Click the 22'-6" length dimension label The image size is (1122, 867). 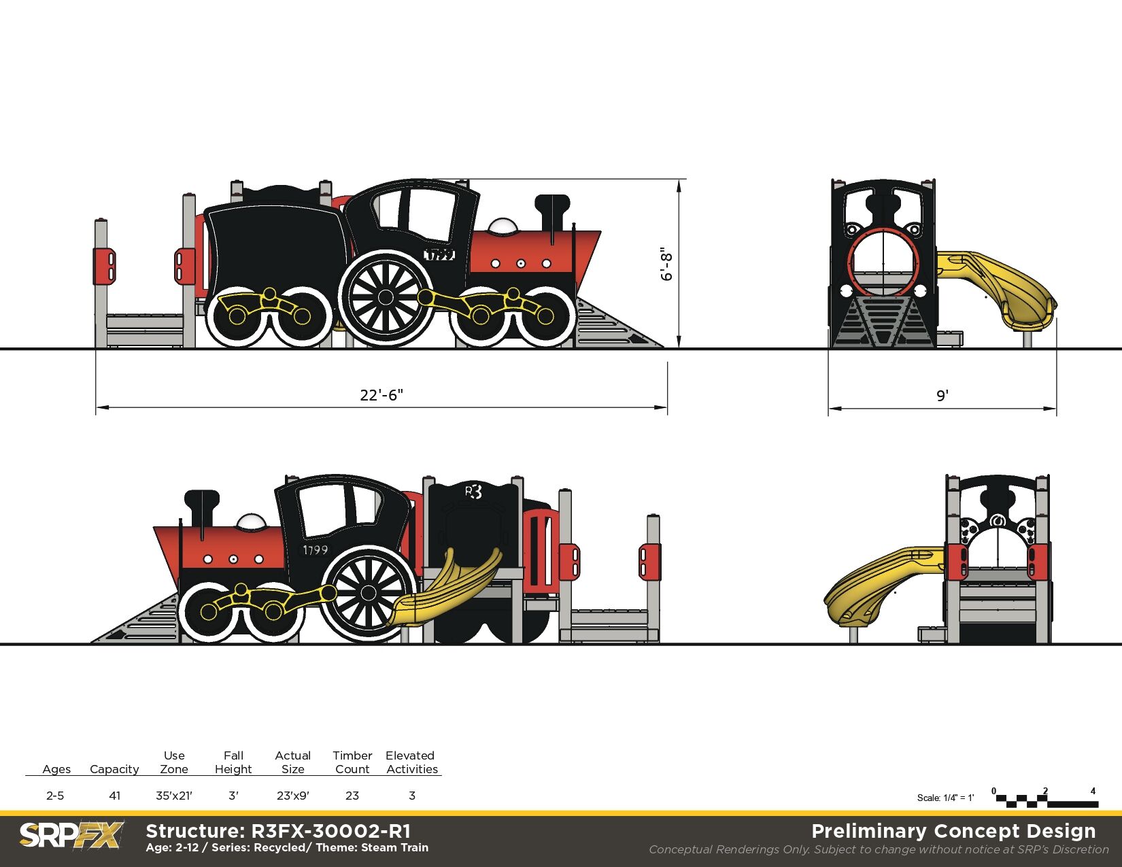click(x=381, y=395)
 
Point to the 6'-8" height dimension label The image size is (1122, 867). click(x=666, y=265)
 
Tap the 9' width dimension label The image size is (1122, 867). click(x=942, y=396)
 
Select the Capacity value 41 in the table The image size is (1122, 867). click(x=115, y=796)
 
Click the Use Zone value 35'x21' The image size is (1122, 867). click(x=174, y=796)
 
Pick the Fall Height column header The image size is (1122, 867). click(x=233, y=762)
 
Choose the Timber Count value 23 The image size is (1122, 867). click(x=352, y=796)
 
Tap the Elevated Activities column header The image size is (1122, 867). click(x=411, y=762)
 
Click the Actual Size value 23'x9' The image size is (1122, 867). click(x=293, y=796)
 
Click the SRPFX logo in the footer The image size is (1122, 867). click(x=71, y=834)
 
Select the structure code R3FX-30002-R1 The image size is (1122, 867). click(x=331, y=832)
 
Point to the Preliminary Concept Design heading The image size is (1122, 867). click(x=953, y=831)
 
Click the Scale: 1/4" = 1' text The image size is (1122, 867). click(x=945, y=798)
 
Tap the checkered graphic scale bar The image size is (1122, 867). click(x=1047, y=802)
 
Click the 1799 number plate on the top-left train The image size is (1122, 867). click(x=439, y=254)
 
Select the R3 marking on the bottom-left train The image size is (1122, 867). click(x=473, y=492)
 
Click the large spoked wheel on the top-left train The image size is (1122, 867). click(x=386, y=297)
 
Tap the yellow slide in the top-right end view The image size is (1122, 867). click(x=996, y=289)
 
